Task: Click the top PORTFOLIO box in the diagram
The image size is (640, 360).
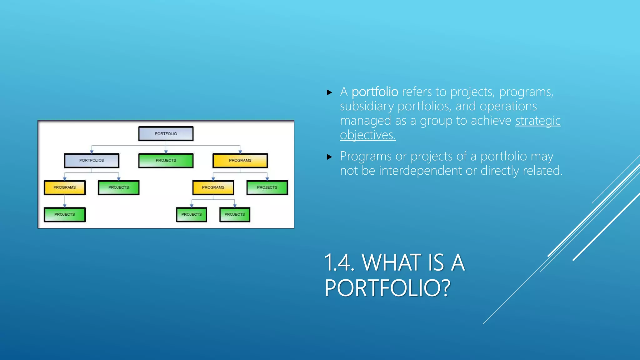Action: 166,133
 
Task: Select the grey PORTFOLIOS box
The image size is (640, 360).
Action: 92,160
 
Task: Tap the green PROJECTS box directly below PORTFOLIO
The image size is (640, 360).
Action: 166,160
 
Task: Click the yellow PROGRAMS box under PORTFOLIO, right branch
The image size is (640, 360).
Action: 240,160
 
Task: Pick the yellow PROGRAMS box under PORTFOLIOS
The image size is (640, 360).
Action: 65,187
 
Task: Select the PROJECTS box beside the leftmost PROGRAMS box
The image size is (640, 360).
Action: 118,187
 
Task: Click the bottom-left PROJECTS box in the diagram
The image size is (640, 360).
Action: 65,214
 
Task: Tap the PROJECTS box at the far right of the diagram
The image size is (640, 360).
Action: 267,187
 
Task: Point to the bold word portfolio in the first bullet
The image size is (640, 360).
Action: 375,92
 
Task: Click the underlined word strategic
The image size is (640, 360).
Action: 538,121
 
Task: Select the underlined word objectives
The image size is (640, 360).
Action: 368,135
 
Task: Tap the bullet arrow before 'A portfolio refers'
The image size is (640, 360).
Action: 329,92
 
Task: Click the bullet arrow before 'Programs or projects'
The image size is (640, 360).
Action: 329,157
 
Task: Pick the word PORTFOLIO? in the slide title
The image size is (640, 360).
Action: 387,288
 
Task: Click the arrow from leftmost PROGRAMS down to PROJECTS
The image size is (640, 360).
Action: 65,201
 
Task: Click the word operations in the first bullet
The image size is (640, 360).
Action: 508,106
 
